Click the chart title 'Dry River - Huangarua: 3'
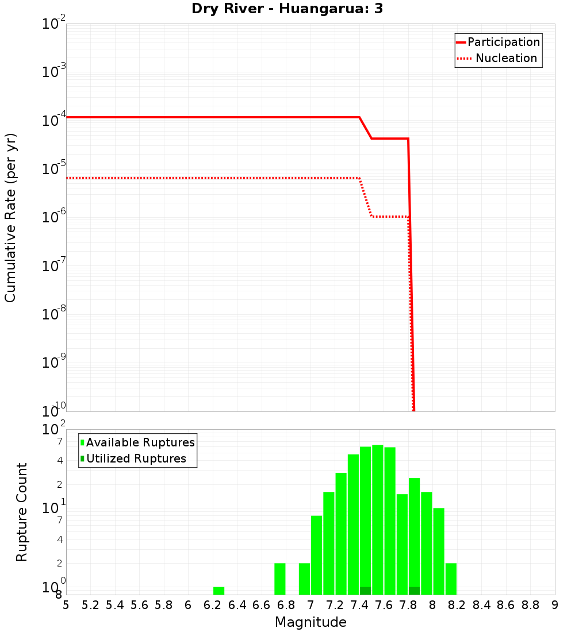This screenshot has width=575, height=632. (287, 9)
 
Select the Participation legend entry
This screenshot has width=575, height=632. (498, 42)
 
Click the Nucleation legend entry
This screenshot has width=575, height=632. (498, 58)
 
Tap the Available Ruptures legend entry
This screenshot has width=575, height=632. (138, 442)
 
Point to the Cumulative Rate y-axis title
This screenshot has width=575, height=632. (10, 217)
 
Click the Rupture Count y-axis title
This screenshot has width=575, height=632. (22, 512)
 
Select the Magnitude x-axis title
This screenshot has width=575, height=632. (310, 622)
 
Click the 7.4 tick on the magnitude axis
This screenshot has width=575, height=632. (359, 605)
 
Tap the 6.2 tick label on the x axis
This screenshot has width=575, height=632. (213, 605)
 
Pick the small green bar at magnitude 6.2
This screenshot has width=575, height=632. (218, 591)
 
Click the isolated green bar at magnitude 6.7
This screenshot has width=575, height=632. (279, 579)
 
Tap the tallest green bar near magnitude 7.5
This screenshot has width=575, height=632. (377, 517)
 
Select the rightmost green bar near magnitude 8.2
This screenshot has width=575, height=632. (451, 579)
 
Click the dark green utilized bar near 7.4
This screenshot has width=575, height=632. (365, 591)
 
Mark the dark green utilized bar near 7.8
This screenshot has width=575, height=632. (414, 591)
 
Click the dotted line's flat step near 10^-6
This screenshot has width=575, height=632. (390, 217)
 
